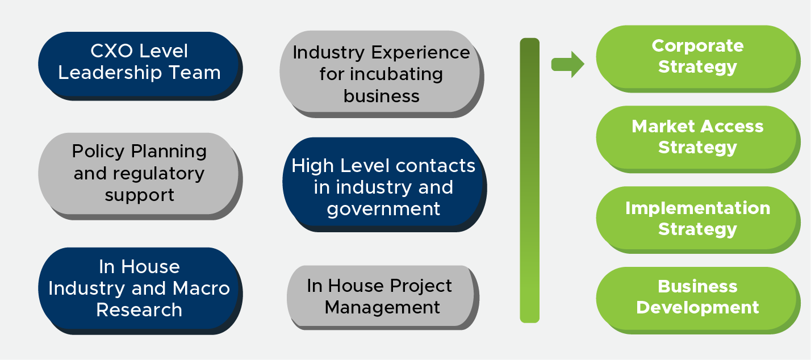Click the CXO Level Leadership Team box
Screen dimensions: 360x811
tap(139, 63)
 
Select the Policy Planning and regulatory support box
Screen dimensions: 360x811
tap(139, 173)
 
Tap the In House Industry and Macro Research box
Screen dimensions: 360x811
tap(139, 288)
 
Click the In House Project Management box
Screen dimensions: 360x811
tap(381, 296)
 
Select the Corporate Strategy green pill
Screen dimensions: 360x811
tap(697, 57)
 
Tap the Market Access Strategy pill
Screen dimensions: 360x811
tap(697, 137)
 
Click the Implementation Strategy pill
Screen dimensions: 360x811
tap(697, 219)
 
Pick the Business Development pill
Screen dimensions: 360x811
tap(697, 298)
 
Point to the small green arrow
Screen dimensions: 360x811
tap(567, 64)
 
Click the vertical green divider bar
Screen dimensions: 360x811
tap(529, 180)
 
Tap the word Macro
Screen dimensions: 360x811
tap(201, 288)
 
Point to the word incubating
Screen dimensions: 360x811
tap(397, 74)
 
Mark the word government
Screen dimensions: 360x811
tap(383, 209)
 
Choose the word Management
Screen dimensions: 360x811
tap(382, 307)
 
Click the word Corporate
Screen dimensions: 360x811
tap(697, 45)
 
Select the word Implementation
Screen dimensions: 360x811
tap(697, 208)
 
